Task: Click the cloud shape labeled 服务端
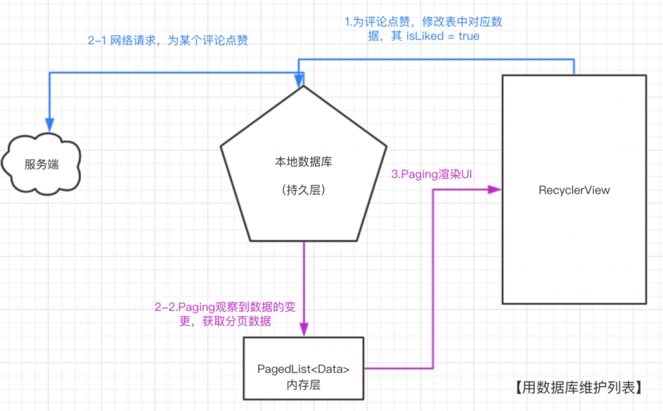tap(41, 164)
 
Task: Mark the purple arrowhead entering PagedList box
tap(304, 330)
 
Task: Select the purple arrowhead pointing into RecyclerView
tap(494, 190)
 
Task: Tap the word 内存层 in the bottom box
tap(304, 384)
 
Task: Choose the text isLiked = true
tap(442, 36)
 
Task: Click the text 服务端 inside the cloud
tap(41, 164)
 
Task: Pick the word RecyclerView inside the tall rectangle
tap(574, 190)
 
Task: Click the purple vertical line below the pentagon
tap(304, 278)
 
